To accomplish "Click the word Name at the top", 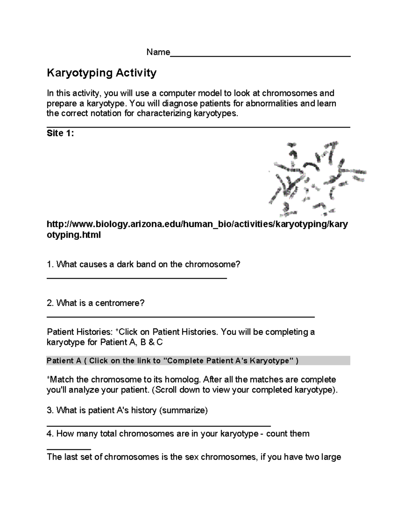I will [158, 52].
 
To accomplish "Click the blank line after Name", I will [260, 56].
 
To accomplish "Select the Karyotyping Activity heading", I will [102, 73].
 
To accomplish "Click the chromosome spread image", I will [317, 177].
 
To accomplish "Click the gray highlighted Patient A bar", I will [198, 360].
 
